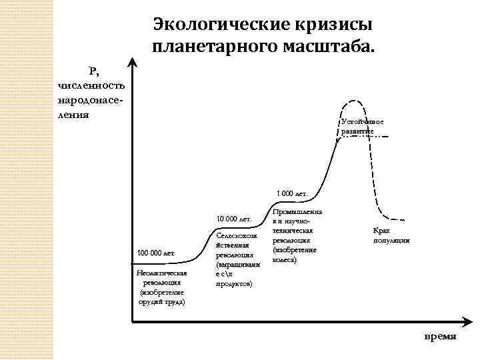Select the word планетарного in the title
click(x=212, y=47)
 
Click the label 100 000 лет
click(x=155, y=253)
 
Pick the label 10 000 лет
click(x=233, y=219)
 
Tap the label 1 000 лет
click(x=290, y=194)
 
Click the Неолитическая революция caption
click(x=161, y=287)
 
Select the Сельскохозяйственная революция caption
click(x=233, y=260)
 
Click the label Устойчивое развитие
click(x=361, y=127)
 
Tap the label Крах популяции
click(x=391, y=235)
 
